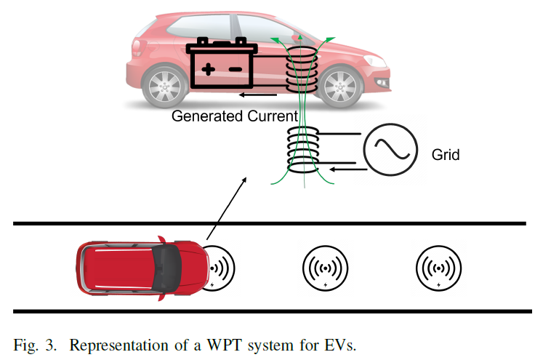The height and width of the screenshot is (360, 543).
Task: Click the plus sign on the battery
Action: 208,69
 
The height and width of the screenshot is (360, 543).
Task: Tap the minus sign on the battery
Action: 235,69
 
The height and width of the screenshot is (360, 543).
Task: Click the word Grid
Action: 446,154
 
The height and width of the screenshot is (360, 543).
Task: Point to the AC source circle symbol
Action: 390,150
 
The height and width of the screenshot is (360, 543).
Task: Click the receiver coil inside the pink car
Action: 302,70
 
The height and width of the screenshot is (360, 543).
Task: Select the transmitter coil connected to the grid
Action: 303,150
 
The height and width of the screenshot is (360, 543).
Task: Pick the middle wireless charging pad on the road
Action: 325,268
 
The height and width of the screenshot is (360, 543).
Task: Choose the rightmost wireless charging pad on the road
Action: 438,268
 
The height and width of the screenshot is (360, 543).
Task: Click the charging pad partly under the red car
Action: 221,268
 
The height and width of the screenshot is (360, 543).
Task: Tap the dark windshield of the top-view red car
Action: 167,268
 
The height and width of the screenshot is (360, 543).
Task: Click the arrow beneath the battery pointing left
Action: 258,95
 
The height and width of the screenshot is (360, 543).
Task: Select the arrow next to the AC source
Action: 348,169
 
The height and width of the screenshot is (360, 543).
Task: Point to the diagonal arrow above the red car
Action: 227,208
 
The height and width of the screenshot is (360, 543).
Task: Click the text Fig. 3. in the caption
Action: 35,345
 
